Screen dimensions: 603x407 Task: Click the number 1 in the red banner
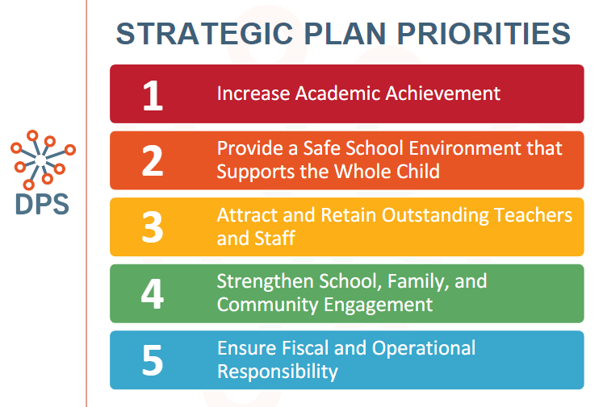(x=153, y=95)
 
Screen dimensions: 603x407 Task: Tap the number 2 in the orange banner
(x=153, y=161)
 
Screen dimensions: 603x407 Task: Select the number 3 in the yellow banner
(x=153, y=227)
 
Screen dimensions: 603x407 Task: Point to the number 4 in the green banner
(x=153, y=293)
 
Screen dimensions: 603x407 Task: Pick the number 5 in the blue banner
(x=153, y=360)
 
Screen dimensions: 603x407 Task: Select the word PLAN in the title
(x=345, y=34)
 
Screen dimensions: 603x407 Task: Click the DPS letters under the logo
(x=42, y=204)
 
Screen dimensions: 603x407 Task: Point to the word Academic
(x=338, y=93)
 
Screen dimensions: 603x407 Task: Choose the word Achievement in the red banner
(x=442, y=93)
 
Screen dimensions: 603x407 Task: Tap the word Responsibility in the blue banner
(x=278, y=372)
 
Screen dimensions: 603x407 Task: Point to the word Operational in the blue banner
(x=424, y=349)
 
